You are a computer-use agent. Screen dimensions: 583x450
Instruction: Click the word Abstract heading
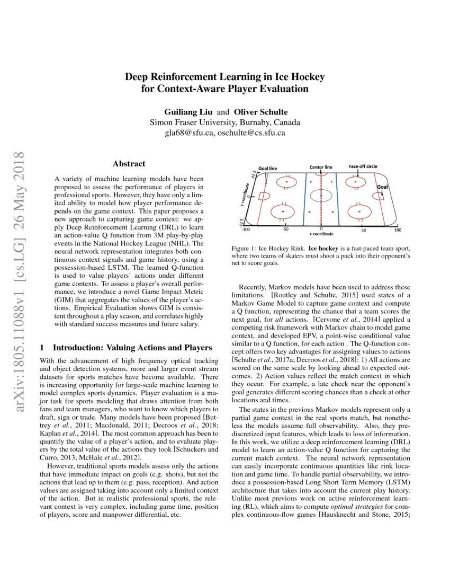coord(129,164)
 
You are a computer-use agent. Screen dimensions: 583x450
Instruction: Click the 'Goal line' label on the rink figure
coord(267,168)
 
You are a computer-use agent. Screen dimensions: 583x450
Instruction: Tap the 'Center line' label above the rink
coord(321,167)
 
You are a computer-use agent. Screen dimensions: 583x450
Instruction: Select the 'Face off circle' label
coord(363,166)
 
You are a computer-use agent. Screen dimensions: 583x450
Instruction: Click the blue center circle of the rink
coord(321,196)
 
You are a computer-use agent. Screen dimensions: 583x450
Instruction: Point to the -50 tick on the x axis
coord(285,230)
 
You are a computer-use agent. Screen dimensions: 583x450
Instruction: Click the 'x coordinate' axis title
coord(321,234)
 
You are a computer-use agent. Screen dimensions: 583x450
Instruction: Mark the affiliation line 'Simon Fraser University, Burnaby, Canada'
coord(225,122)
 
